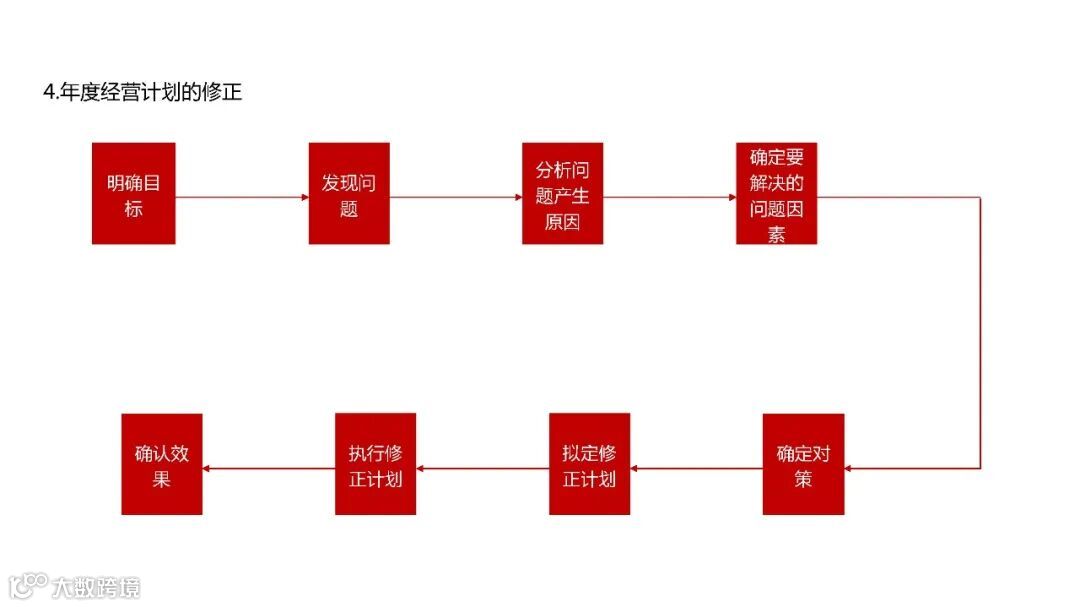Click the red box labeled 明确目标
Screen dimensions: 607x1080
[133, 193]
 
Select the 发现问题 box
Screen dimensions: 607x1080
[348, 193]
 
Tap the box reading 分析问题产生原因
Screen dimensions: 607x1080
[562, 193]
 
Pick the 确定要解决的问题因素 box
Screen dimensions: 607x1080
[776, 193]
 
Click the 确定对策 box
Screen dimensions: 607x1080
[803, 464]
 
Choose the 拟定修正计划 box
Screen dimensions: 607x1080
[589, 464]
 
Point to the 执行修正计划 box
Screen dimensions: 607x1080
[375, 464]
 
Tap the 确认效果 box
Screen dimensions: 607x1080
[161, 464]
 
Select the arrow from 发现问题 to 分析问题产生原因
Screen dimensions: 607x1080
[455, 197]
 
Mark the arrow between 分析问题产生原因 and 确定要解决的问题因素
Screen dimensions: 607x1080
[670, 197]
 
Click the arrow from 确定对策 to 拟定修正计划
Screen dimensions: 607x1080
[696, 467]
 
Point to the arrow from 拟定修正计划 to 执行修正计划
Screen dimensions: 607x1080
[482, 467]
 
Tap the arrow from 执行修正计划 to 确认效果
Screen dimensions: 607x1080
[268, 467]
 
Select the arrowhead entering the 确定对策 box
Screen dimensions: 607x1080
[850, 467]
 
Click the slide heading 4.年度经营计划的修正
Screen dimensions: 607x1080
[142, 93]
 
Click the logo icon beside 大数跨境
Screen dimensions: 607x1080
[29, 584]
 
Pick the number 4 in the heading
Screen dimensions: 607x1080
[48, 93]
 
